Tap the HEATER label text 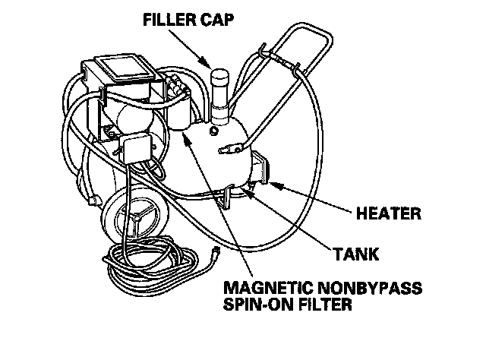point(387,213)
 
